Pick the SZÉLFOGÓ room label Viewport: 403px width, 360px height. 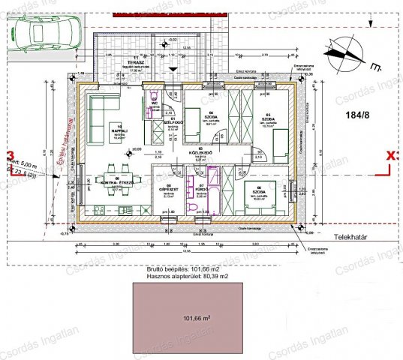(172, 121)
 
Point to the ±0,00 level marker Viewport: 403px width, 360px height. (136, 149)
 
